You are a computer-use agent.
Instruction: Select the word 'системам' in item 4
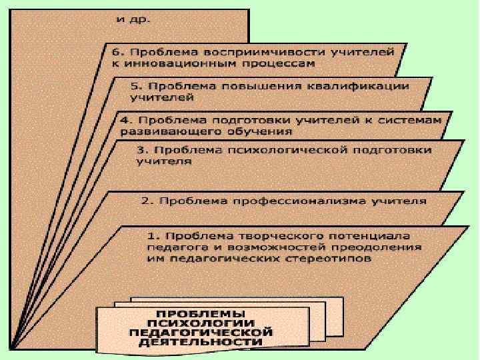415,120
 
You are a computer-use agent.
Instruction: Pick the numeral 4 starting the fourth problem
123,120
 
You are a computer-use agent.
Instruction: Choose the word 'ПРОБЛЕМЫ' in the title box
200,313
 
